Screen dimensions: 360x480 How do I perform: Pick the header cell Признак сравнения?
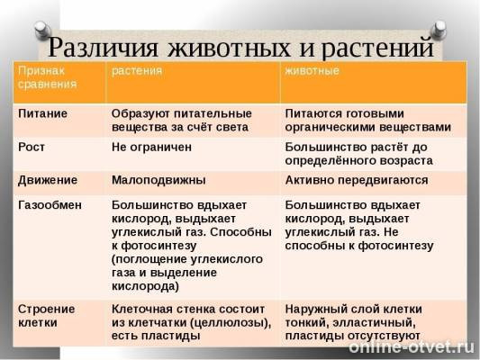point(46,78)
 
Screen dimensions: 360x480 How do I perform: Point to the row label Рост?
point(32,146)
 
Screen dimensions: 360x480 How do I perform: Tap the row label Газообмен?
point(50,204)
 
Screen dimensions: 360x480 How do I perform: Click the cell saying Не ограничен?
point(150,146)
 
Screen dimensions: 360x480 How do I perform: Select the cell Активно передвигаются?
point(357,179)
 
